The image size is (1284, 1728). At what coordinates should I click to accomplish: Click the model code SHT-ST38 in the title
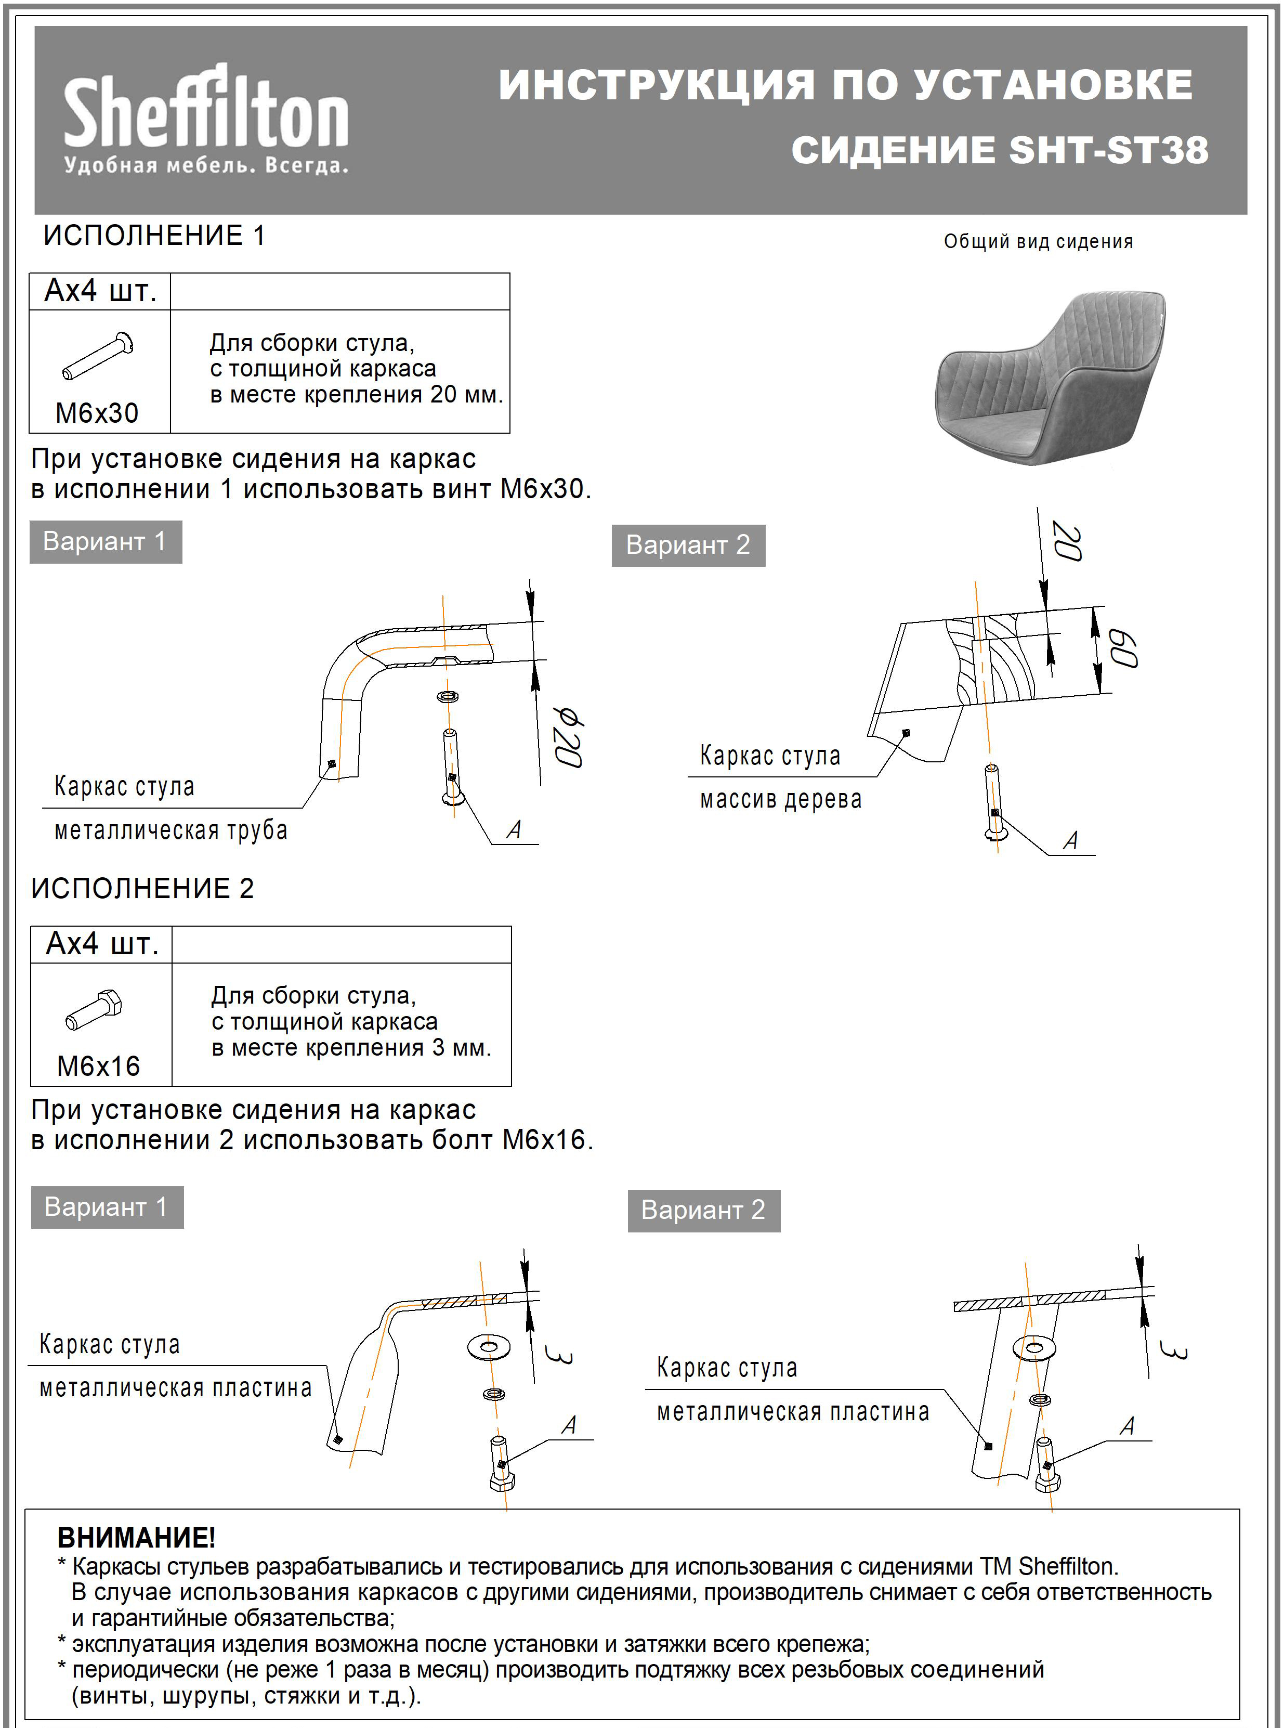1108,150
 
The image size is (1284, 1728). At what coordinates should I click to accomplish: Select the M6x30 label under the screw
97,413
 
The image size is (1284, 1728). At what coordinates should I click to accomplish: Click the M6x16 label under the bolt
99,1066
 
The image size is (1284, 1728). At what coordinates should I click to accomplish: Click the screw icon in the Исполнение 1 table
98,356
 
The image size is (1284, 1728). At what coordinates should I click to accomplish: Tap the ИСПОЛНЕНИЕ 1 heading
154,235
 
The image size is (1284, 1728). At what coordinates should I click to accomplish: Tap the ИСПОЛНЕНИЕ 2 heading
142,888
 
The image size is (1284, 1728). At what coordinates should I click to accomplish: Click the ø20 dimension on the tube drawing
567,737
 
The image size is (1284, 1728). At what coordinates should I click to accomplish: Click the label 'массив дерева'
780,800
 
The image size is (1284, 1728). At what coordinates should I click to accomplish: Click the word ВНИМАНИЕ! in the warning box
137,1538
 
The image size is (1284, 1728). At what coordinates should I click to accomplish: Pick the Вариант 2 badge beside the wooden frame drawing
688,545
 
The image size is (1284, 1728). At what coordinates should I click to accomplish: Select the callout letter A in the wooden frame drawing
1071,840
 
